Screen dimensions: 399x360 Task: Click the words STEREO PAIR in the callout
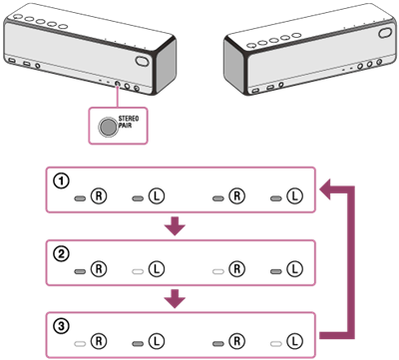[x=129, y=122]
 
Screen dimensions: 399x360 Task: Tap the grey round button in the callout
[x=107, y=127]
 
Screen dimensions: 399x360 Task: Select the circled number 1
[x=61, y=180]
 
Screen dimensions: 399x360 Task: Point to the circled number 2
[x=61, y=254]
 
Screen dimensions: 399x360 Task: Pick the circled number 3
[x=61, y=326]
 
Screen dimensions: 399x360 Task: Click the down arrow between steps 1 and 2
[x=175, y=226]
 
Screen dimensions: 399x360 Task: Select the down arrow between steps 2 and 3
[x=175, y=298]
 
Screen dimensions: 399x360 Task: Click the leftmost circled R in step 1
[x=99, y=196]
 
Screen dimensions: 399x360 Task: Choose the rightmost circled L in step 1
[x=294, y=196]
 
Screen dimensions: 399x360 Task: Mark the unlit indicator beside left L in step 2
[x=138, y=271]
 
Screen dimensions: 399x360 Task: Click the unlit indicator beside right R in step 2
[x=217, y=271]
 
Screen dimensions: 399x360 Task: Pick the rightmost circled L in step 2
[x=294, y=268]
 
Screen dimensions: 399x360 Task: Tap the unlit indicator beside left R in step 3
[x=80, y=344]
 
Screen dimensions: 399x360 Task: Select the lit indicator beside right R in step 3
[x=217, y=344]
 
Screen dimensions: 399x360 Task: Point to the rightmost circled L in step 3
[x=294, y=341]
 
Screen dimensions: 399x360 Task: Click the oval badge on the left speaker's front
[x=142, y=61]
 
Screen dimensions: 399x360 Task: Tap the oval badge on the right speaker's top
[x=385, y=33]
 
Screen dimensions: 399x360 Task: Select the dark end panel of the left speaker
[x=166, y=67]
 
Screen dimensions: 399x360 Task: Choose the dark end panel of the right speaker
[x=234, y=67]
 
